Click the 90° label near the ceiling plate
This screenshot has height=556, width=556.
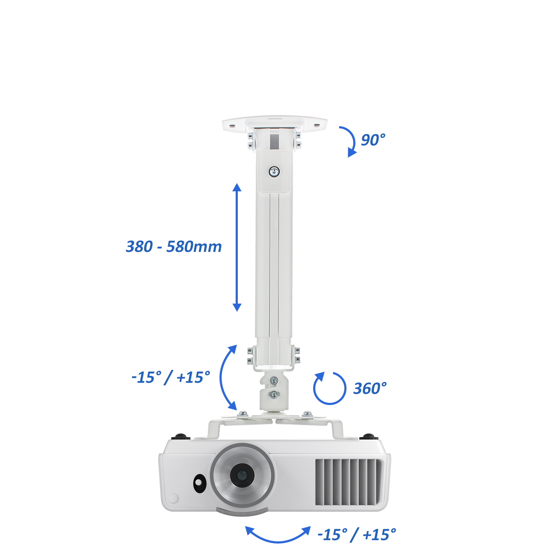pyautogui.click(x=373, y=140)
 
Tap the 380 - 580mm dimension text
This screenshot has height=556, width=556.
pyautogui.click(x=174, y=247)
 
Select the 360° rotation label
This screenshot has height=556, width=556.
pyautogui.click(x=370, y=388)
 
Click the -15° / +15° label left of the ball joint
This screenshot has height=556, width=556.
pyautogui.click(x=171, y=377)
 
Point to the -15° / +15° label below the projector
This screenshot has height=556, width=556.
pyautogui.click(x=357, y=535)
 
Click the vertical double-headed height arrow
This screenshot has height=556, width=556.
pyautogui.click(x=237, y=247)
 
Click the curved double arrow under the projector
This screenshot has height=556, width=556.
pyautogui.click(x=278, y=541)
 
